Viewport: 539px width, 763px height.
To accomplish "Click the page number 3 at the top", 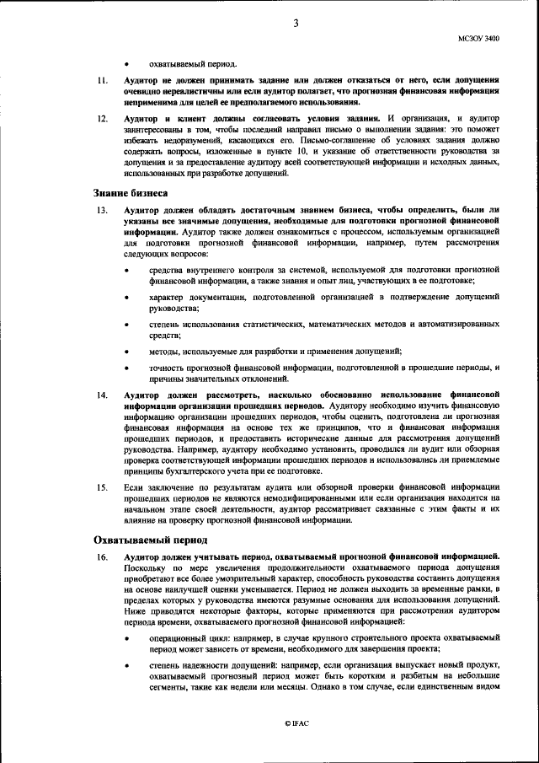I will [x=296, y=23].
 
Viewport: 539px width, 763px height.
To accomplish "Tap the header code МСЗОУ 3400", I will [x=478, y=39].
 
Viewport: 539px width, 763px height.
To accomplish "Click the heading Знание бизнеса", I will [x=130, y=193].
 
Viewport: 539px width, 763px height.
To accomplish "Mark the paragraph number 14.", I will [x=101, y=395].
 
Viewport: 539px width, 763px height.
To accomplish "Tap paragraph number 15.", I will [x=101, y=487].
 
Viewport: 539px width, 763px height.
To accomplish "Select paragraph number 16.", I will [x=101, y=557].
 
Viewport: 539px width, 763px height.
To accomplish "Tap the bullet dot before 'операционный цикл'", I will [x=126, y=638].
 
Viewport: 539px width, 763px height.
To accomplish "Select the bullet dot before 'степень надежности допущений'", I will [x=126, y=666].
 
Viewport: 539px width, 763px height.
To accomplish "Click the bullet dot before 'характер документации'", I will [x=126, y=298].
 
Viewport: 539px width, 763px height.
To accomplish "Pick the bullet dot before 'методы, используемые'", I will [x=126, y=352].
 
